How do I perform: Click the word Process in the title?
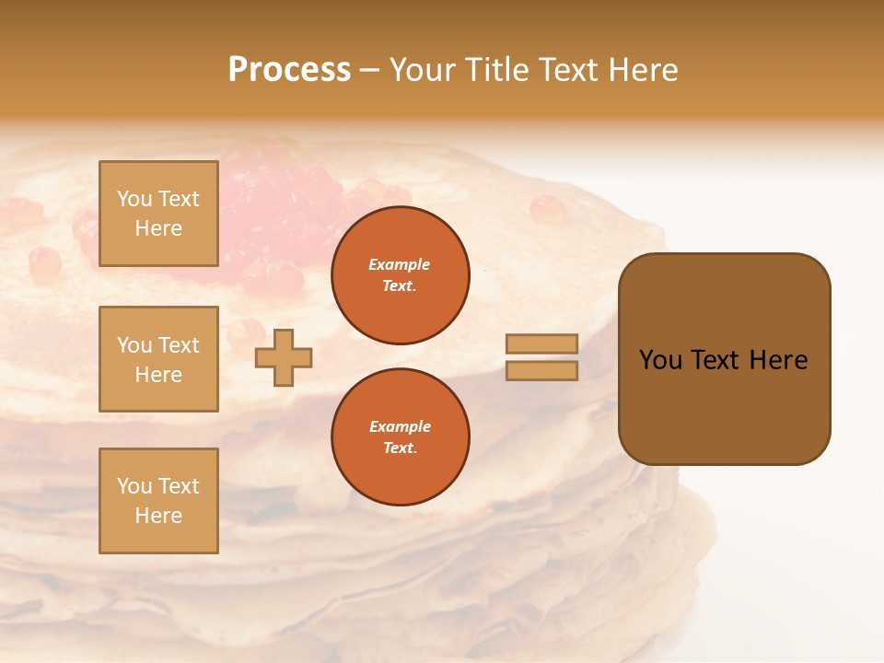click(289, 69)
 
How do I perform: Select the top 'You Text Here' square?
click(158, 214)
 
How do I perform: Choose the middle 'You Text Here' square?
click(158, 359)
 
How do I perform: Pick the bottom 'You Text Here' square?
click(158, 501)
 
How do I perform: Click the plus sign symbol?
click(284, 357)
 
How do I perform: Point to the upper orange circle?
click(401, 275)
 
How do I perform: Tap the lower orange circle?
click(401, 436)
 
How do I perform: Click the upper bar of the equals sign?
click(541, 343)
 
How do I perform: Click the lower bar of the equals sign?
click(541, 370)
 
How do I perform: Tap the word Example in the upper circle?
click(400, 264)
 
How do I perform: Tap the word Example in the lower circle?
click(400, 426)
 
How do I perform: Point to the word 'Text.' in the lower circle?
click(400, 448)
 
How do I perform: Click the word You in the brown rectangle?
click(660, 360)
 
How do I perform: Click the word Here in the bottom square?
click(158, 516)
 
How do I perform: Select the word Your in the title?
click(424, 69)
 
